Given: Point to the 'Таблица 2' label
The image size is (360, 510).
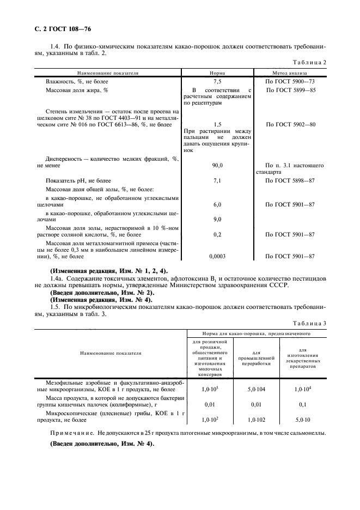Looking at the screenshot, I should [309, 63].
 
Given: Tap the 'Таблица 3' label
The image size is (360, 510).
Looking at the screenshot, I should [309, 324].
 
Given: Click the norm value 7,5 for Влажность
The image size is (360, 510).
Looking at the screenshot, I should [217, 81].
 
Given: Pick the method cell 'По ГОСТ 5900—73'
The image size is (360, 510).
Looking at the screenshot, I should [290, 81].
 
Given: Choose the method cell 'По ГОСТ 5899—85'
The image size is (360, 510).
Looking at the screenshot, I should [290, 89].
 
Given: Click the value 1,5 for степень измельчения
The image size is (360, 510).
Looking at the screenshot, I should [217, 125].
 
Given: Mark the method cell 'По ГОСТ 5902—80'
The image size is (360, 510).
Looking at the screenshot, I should [290, 125].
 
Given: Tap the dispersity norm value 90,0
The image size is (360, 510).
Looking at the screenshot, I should [217, 165].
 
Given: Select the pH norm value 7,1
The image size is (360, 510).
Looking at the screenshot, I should [217, 180].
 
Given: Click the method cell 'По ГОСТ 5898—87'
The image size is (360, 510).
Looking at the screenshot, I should [290, 180].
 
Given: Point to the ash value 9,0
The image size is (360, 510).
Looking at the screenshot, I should [217, 219].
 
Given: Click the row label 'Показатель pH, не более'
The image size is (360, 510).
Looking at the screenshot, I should [78, 180].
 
